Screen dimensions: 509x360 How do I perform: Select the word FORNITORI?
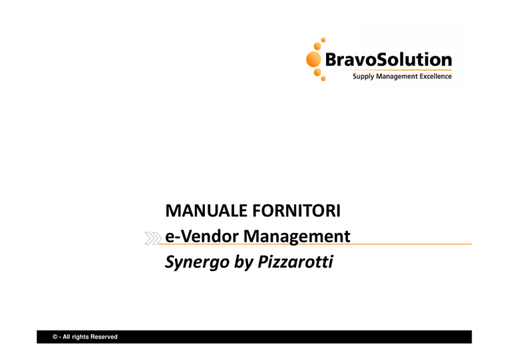tap(297, 211)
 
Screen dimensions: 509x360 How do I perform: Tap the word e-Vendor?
tap(202, 236)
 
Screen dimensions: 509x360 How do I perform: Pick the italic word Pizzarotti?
tap(296, 262)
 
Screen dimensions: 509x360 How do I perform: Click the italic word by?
tap(243, 263)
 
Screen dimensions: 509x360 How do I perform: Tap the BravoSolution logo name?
tap(388, 60)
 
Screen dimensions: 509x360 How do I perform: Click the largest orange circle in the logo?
tap(313, 60)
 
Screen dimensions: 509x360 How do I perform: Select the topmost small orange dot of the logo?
tap(323, 40)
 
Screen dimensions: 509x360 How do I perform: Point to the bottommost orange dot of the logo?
tap(323, 78)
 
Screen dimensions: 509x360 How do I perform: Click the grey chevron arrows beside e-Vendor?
tap(153, 238)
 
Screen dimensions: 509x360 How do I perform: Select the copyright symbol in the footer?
tap(55, 337)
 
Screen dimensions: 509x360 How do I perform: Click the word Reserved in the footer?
tap(104, 337)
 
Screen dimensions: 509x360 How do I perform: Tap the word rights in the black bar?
tap(80, 337)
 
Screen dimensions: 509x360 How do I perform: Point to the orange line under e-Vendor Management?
tap(315, 244)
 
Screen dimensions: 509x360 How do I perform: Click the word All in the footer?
tap(66, 337)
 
